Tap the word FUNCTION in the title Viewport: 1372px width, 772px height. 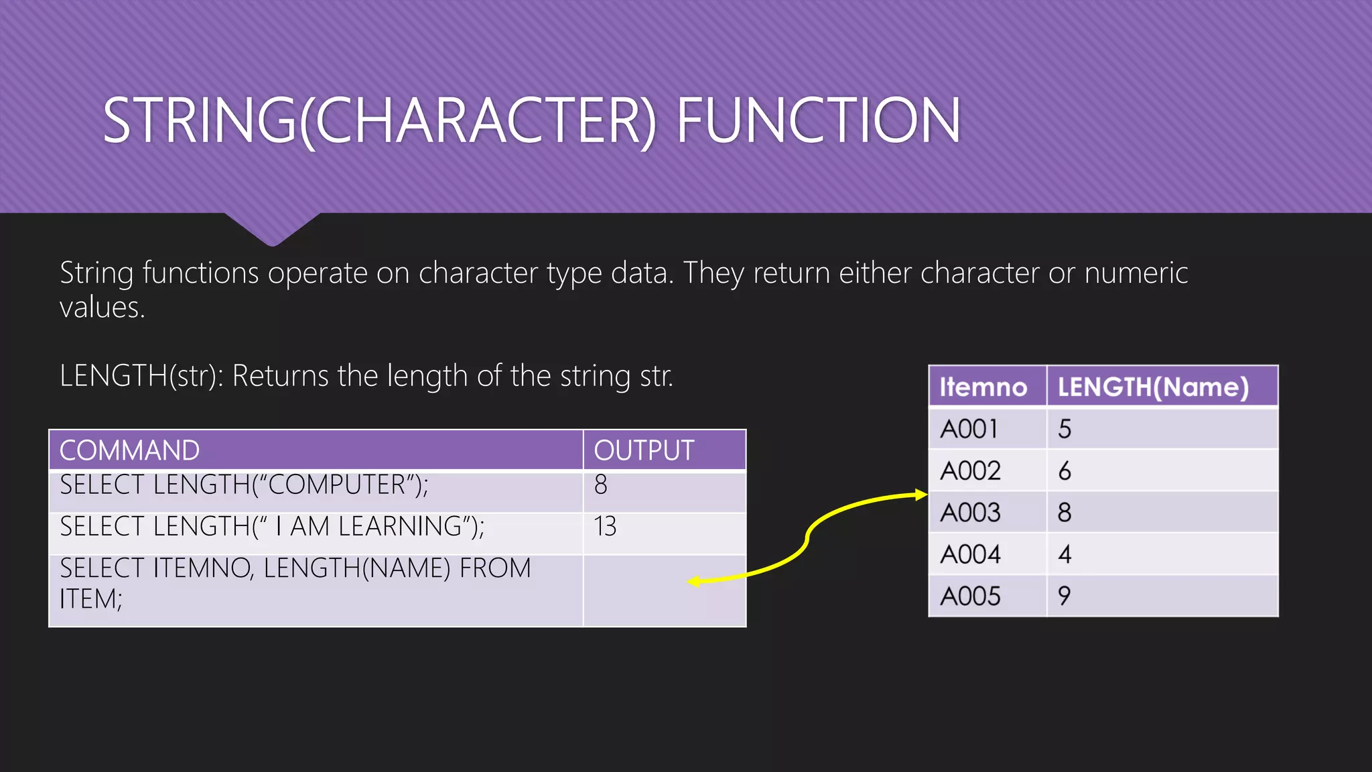(819, 121)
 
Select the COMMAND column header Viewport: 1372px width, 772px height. (129, 450)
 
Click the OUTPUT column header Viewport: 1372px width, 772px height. (644, 450)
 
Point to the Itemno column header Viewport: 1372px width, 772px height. (983, 387)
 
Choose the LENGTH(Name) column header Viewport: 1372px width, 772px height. (1153, 387)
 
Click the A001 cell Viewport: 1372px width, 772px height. (969, 429)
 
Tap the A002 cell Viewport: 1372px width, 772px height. (970, 471)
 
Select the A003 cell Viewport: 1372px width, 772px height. (970, 513)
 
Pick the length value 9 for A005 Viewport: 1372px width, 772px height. (1065, 596)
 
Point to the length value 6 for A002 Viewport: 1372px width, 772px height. (1065, 471)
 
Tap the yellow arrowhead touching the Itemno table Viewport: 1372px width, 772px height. (921, 495)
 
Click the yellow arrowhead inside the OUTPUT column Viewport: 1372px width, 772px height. (694, 582)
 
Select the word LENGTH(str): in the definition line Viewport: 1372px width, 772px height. (141, 376)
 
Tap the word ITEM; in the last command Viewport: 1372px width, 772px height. (91, 599)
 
